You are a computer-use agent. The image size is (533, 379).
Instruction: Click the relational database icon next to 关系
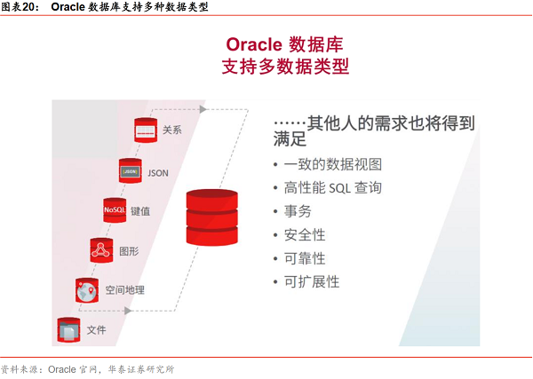coord(146,131)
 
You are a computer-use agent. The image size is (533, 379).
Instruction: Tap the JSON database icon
coord(131,171)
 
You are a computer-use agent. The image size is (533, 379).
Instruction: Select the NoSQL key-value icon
coord(115,210)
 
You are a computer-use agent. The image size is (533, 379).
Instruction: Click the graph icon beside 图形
coord(101,250)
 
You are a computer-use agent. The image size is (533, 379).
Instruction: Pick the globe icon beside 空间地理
coord(87,289)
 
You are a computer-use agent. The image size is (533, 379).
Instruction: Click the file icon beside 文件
coord(68,329)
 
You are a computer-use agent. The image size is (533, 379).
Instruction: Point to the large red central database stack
coord(212,217)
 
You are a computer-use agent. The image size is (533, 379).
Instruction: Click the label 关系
coord(172,131)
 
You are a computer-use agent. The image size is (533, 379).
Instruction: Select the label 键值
coord(140,211)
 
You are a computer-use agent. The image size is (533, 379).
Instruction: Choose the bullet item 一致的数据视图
coord(332,164)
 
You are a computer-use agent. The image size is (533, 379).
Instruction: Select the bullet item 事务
coord(298,212)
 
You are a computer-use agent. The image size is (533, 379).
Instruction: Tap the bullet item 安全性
coord(305,235)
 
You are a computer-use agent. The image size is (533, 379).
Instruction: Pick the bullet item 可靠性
coord(305,258)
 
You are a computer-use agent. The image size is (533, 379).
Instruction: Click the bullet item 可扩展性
coord(312,282)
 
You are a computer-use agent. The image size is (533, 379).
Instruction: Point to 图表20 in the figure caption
coord(20,7)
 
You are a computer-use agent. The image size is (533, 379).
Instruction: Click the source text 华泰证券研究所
coord(141,369)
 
